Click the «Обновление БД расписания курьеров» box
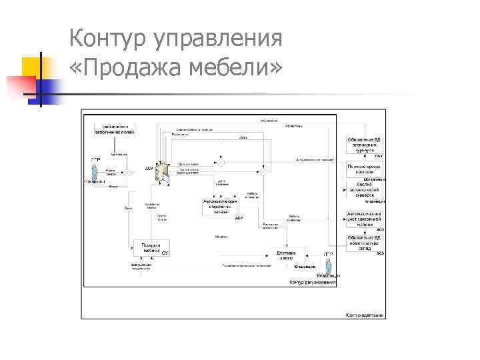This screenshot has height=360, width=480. (364, 145)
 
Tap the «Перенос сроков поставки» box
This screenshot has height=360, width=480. (364, 169)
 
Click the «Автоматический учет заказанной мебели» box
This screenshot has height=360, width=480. (364, 218)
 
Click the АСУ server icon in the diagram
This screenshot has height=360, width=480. (159, 171)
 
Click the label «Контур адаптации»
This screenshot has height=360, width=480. (364, 315)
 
